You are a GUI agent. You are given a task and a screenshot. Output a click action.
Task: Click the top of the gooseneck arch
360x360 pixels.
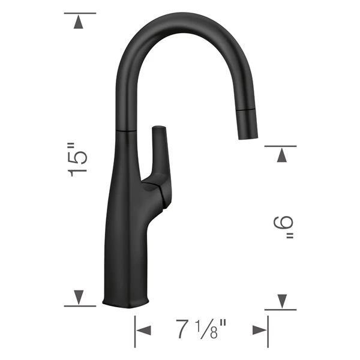[180, 19]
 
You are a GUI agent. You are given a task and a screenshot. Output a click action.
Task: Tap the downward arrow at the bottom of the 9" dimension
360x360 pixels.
[280, 300]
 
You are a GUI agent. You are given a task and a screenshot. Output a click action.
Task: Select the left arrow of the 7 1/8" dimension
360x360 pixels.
[145, 330]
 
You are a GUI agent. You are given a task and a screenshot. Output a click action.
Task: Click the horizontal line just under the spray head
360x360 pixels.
[280, 145]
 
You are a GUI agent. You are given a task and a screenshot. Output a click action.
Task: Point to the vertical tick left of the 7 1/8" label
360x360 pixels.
[134, 330]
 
